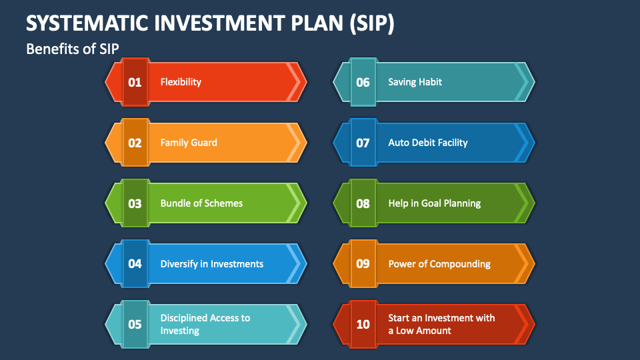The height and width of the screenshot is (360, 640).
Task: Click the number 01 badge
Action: (x=135, y=82)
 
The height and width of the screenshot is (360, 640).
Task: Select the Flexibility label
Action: (x=181, y=82)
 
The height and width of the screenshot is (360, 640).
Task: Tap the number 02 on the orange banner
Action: (x=135, y=143)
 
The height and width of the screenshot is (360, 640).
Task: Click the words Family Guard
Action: (x=189, y=143)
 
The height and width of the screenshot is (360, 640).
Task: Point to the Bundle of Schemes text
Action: (x=201, y=203)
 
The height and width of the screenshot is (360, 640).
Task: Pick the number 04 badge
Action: (x=135, y=264)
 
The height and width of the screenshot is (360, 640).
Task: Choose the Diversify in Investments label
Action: (x=212, y=264)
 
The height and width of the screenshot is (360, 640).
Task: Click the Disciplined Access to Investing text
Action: (x=205, y=324)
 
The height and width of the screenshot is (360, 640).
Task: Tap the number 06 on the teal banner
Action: (x=363, y=82)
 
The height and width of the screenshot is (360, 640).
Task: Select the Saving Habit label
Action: (x=415, y=82)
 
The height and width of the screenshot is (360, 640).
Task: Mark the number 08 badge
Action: (x=363, y=203)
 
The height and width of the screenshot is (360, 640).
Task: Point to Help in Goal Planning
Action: (x=435, y=203)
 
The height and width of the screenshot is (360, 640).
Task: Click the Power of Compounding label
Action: (x=439, y=264)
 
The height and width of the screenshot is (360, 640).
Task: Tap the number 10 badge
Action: (x=363, y=325)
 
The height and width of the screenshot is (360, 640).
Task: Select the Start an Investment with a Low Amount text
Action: (x=441, y=324)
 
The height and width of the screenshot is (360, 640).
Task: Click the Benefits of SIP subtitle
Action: (x=72, y=49)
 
